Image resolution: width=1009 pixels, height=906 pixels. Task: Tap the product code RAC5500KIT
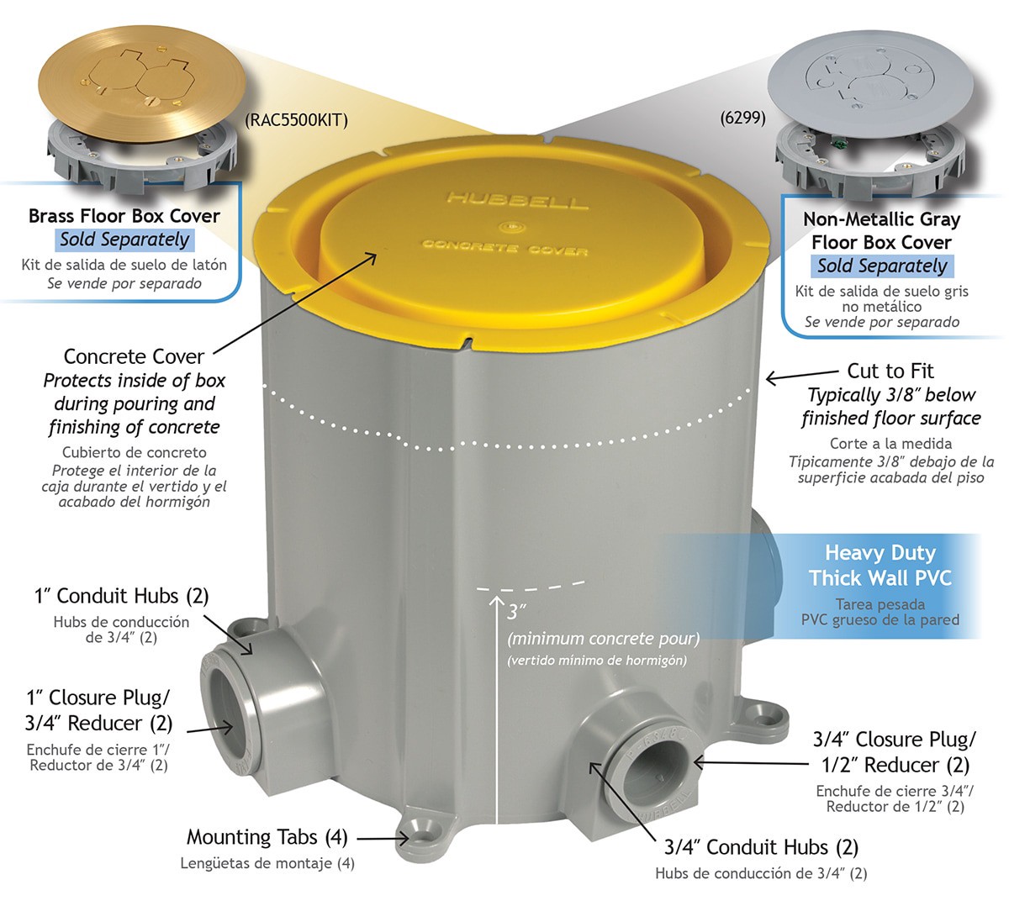click(x=296, y=119)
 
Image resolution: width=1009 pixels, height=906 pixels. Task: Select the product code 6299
click(x=742, y=118)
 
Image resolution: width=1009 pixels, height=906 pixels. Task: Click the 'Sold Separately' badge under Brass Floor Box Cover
click(x=124, y=240)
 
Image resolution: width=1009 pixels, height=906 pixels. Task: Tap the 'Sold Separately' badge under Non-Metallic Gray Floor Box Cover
click(x=882, y=266)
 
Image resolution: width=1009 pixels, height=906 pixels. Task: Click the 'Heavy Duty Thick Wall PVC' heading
click(x=880, y=566)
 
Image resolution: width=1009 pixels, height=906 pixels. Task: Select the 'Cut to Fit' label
click(x=890, y=371)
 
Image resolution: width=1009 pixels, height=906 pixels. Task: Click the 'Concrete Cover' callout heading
click(x=134, y=357)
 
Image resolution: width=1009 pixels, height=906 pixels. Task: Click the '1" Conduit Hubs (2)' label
click(x=121, y=596)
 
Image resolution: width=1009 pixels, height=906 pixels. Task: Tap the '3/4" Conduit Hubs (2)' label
click(x=761, y=847)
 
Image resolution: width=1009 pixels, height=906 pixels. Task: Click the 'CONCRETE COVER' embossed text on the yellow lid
click(x=504, y=247)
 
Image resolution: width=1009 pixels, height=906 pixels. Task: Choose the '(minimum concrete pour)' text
click(x=603, y=639)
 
